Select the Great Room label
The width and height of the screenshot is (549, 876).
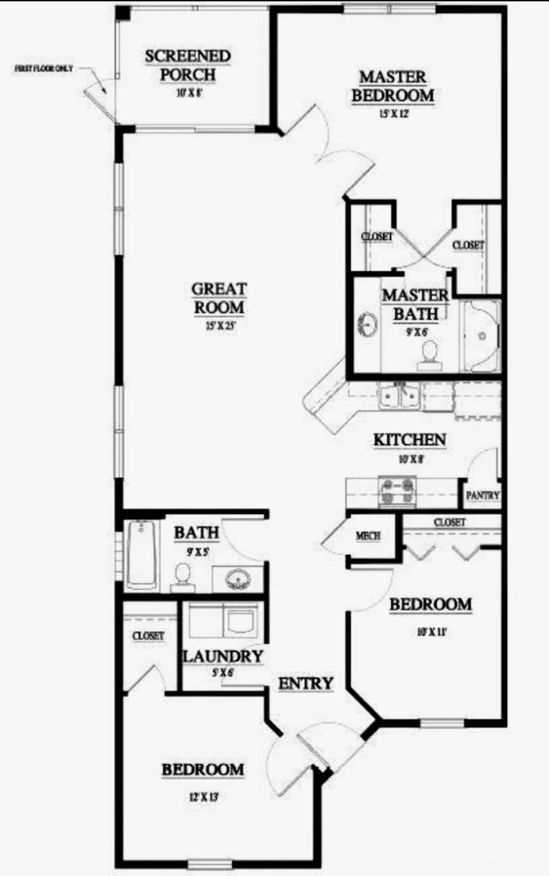[220, 298]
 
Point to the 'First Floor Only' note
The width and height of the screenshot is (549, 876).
[43, 69]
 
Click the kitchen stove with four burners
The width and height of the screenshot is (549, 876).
[397, 492]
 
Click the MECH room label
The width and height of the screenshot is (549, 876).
[368, 536]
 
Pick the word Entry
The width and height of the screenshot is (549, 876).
[305, 683]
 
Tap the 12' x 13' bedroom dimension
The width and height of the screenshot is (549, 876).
[202, 798]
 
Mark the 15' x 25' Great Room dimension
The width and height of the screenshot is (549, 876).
[220, 327]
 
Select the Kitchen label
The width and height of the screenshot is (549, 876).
[410, 440]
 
